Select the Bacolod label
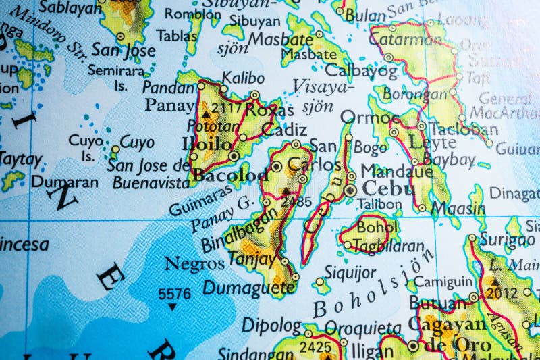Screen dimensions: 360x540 click(230, 175)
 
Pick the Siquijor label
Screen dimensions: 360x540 click(350, 272)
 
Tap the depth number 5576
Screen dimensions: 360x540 click(174, 294)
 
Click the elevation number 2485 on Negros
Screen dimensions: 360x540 click(296, 201)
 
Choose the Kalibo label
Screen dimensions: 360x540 click(243, 78)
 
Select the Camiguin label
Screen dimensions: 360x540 click(443, 282)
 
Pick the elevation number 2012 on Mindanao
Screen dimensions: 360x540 click(502, 292)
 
